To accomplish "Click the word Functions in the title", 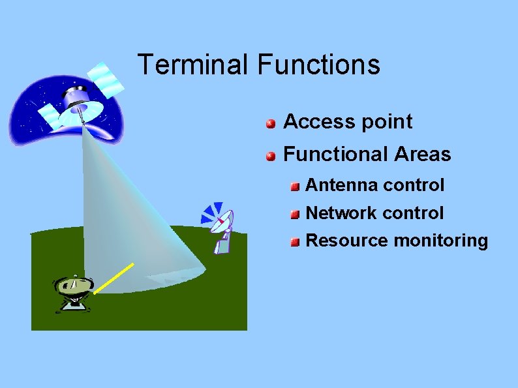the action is tap(319, 65).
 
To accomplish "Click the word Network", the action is tap(342, 213).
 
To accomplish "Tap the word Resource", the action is tap(346, 241).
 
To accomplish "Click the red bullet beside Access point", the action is tap(270, 123).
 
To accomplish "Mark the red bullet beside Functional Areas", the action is tap(270, 156).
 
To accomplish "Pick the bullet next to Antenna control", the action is tap(295, 187).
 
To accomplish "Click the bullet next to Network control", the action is tap(295, 215).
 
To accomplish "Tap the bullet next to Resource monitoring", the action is tap(295, 243).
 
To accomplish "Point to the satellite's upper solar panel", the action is tap(106, 78).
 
